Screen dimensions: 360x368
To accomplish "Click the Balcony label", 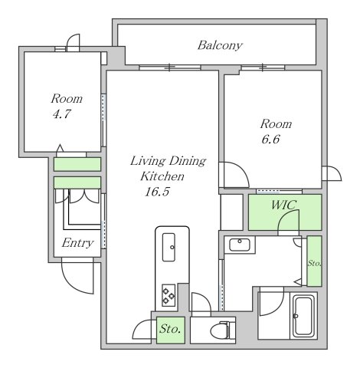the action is (x=220, y=45).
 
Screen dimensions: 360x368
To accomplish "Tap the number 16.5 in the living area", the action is (x=157, y=192).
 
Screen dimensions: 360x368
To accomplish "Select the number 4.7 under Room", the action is (x=61, y=114).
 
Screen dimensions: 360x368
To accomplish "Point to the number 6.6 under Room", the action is (x=270, y=140).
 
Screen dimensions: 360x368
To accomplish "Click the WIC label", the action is (x=284, y=205).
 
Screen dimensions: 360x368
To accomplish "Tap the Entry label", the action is (x=77, y=243).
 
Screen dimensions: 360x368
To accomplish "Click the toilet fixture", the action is (x=222, y=330).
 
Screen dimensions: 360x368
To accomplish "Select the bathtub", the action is (x=303, y=316).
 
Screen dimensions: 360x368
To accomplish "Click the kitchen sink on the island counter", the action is (x=169, y=247).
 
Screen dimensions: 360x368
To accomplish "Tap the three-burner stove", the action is (x=169, y=295).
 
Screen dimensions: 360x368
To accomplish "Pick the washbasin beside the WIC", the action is (x=239, y=245).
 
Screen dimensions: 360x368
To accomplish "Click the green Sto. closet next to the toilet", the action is (x=171, y=330).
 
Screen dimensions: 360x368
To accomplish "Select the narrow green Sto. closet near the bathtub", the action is (x=314, y=261).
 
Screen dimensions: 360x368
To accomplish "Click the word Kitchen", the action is (x=162, y=176).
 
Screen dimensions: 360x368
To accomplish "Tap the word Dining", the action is (x=188, y=161).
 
